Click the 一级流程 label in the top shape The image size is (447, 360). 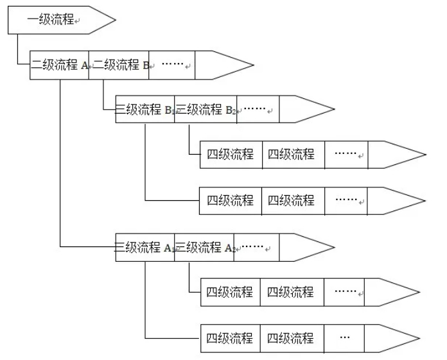[x=51, y=20]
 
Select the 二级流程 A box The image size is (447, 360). [x=60, y=65]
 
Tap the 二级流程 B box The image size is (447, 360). [x=119, y=65]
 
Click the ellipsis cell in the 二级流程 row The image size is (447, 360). [x=171, y=65]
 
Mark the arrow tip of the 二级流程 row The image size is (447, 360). [x=252, y=65]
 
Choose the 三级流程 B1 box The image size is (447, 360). [x=145, y=110]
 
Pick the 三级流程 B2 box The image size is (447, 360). [x=206, y=110]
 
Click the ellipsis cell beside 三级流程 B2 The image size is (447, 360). [x=258, y=110]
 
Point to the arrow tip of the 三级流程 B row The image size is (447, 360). [x=333, y=110]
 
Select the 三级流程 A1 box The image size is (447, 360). [x=145, y=248]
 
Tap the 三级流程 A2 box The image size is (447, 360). [x=206, y=248]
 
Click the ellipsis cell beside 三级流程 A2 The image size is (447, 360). [x=258, y=248]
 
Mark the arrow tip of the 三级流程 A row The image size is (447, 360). [x=333, y=248]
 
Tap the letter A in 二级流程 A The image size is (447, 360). [x=84, y=65]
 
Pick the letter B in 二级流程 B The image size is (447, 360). [x=145, y=65]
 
